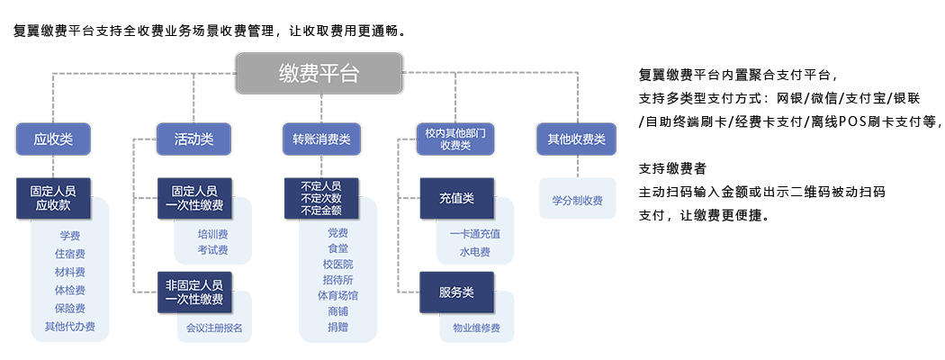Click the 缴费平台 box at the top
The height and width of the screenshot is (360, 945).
tap(319, 74)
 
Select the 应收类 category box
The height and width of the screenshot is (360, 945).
tap(53, 139)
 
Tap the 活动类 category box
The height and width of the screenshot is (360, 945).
tap(193, 139)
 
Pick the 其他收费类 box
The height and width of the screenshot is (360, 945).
tap(576, 139)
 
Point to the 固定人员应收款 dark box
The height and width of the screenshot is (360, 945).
tap(53, 198)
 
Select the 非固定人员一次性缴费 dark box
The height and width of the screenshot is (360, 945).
tap(193, 292)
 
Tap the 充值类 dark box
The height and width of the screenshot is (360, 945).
tap(456, 198)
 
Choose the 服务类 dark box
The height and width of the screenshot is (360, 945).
tap(456, 292)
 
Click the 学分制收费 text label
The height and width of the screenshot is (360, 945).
tap(577, 201)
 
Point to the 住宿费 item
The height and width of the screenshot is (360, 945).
tap(69, 254)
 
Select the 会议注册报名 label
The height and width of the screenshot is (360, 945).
tap(214, 328)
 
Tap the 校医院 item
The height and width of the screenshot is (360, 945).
tap(337, 265)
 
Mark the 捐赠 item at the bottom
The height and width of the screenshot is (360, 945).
tap(337, 328)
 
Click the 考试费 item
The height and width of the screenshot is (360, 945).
tap(212, 249)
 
